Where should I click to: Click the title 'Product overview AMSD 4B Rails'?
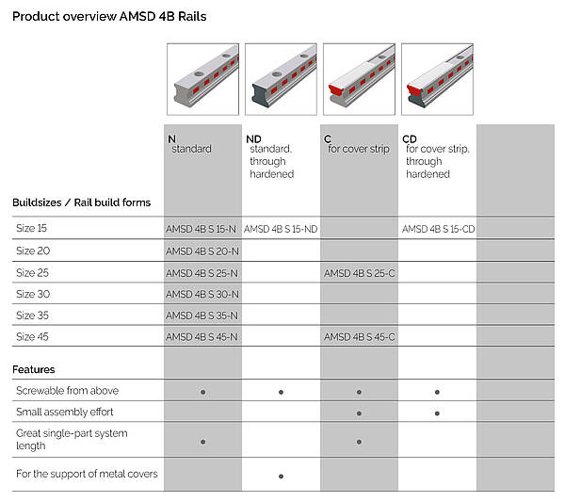[109, 17]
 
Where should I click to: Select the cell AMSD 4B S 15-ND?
[281, 229]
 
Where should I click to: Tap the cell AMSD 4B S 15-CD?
[438, 229]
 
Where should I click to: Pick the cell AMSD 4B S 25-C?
[360, 273]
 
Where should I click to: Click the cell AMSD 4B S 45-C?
[360, 336]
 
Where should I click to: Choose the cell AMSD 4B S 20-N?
[202, 251]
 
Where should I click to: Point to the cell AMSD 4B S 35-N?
[202, 316]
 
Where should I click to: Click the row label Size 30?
[33, 294]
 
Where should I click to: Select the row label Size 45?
[32, 336]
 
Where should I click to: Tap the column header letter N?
[172, 139]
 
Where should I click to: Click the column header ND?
[253, 139]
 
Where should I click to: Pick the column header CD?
[410, 139]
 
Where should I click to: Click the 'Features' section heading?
[34, 369]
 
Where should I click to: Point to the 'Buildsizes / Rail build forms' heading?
[81, 202]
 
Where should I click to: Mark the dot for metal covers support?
[281, 476]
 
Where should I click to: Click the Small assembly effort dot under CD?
[437, 413]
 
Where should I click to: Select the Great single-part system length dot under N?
[202, 442]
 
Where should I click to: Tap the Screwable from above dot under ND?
[281, 392]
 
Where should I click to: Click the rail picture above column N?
[202, 79]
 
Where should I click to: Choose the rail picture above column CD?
[438, 79]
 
